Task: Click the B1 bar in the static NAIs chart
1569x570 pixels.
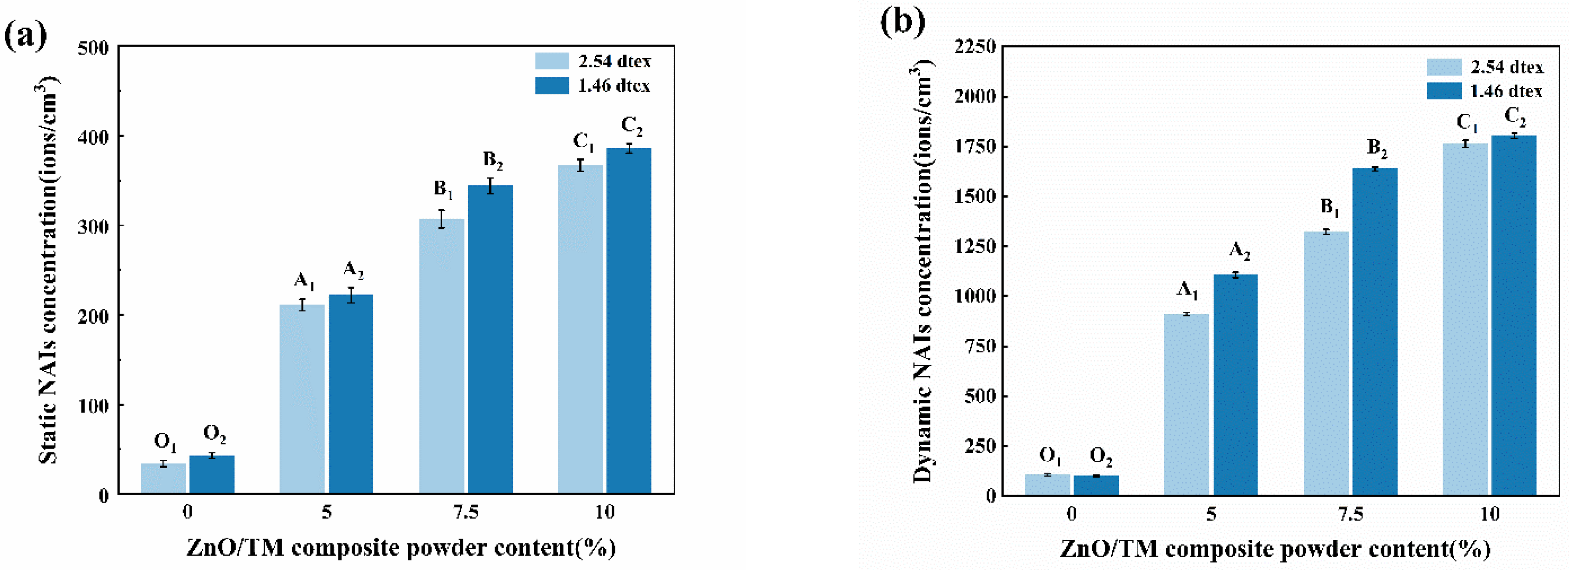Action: [441, 356]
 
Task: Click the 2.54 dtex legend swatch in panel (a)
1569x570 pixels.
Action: [552, 61]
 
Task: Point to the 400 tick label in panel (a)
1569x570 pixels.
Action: [93, 136]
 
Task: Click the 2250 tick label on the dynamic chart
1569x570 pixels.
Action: [975, 46]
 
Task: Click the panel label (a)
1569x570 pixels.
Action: [26, 35]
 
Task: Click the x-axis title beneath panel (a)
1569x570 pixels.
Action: [401, 547]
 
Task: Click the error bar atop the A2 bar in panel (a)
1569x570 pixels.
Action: [351, 295]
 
